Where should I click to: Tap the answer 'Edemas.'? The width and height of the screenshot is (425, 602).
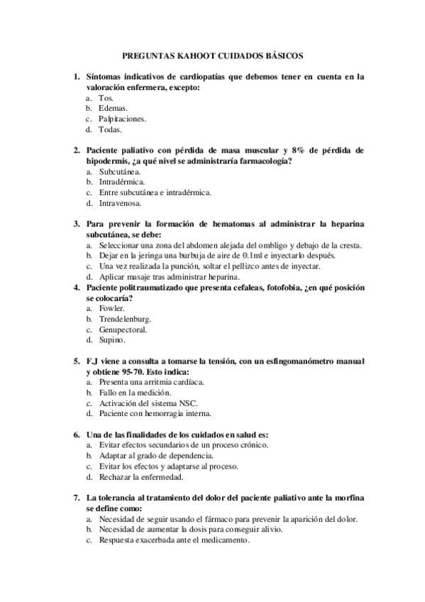coord(113,108)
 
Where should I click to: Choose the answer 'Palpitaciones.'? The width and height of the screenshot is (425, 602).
coord(122,119)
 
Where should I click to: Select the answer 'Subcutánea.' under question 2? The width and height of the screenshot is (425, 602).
coord(119,171)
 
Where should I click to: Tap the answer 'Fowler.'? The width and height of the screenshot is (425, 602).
coord(111,308)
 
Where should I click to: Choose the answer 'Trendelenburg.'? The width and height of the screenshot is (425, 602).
coord(125,319)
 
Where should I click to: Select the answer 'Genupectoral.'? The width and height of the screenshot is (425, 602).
coord(123,329)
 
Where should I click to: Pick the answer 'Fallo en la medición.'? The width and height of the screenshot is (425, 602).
coord(135,392)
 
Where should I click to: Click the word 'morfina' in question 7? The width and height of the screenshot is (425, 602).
coord(351,498)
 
